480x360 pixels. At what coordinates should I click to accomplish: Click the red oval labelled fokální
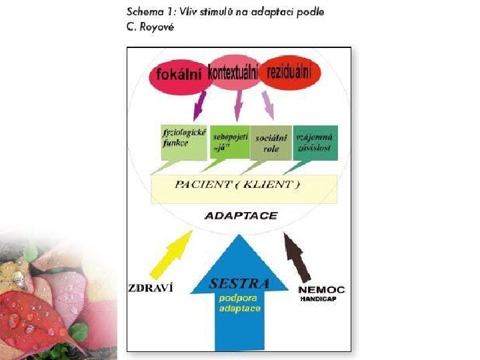[x=178, y=75]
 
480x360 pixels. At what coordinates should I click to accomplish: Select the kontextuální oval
[x=233, y=72]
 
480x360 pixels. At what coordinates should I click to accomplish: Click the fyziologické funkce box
[x=183, y=141]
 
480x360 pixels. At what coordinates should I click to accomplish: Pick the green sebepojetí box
[x=230, y=141]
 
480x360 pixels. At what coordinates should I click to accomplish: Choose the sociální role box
[x=270, y=142]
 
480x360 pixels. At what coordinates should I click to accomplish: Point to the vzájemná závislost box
[x=315, y=141]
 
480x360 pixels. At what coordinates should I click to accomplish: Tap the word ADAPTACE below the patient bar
[x=241, y=215]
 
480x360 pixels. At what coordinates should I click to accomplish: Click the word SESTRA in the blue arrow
[x=239, y=283]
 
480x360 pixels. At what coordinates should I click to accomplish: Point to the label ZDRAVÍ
[x=150, y=288]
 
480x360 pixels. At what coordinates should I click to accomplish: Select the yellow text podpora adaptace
[x=240, y=303]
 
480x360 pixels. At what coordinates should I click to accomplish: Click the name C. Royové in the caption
[x=149, y=27]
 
